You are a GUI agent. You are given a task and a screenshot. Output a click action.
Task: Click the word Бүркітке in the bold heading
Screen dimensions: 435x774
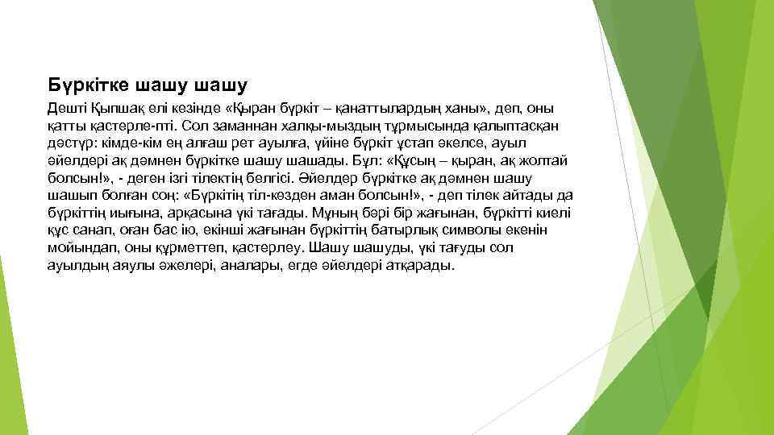(88, 84)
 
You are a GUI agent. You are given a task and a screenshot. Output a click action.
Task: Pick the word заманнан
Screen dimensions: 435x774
(238, 126)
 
